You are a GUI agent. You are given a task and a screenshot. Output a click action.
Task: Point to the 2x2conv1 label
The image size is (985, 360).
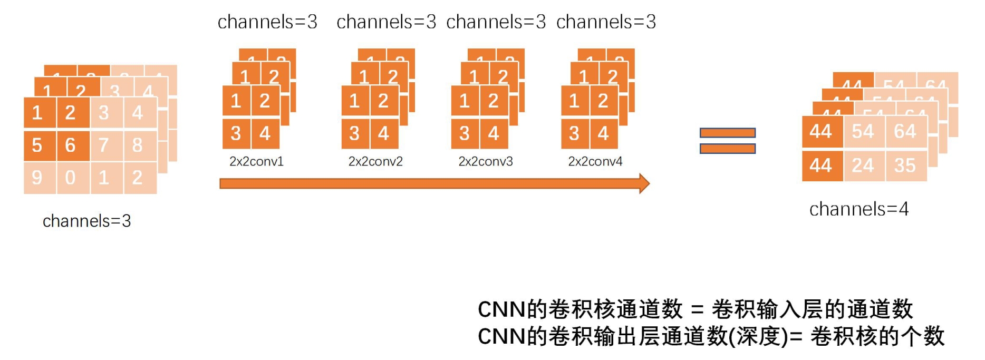tap(256, 161)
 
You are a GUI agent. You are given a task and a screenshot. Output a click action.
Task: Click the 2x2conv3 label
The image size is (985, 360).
tap(485, 161)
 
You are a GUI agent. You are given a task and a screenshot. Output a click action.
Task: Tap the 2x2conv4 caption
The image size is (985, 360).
tap(595, 161)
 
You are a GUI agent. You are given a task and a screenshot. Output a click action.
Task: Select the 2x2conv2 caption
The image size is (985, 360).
tap(375, 161)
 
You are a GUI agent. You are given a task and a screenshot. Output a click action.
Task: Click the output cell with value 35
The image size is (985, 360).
tap(905, 166)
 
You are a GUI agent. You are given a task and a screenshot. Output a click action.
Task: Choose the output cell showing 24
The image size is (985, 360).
tap(864, 166)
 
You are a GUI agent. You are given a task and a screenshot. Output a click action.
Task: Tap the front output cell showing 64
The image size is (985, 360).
tap(905, 131)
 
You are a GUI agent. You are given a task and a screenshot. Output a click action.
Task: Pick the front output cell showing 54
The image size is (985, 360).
tap(864, 131)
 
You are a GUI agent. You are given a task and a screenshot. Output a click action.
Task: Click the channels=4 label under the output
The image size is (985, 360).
tap(859, 209)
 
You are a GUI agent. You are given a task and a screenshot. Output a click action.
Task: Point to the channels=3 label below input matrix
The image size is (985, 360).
tap(86, 221)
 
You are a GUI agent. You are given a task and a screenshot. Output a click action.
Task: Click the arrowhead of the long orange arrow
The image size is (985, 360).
tap(644, 183)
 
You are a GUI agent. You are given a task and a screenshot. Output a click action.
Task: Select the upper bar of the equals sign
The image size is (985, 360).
tap(727, 133)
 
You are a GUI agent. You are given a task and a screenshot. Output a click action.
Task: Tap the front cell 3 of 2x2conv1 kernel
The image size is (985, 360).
tap(236, 133)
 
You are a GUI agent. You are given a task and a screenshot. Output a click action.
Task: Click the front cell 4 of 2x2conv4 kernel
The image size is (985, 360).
tap(603, 133)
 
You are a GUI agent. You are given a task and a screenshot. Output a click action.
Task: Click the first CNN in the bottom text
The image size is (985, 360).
tap(501, 309)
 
